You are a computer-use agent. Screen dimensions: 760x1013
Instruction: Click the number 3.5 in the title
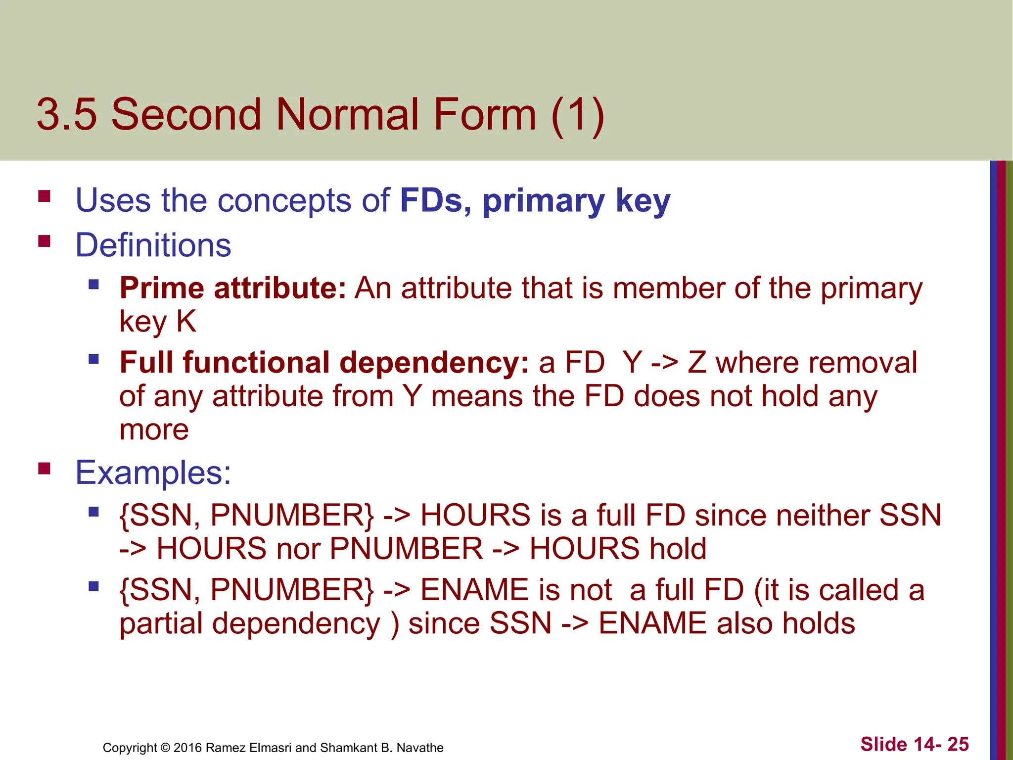tap(67, 115)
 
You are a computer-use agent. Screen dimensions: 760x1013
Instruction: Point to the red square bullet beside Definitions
tap(45, 241)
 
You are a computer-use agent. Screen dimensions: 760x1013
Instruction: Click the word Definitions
tap(153, 245)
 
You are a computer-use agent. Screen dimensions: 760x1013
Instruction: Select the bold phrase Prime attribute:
tap(232, 288)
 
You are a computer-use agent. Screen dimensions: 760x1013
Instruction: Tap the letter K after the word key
tap(186, 321)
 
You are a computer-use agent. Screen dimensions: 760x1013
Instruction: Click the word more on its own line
tap(154, 429)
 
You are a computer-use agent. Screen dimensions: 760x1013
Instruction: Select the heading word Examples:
tap(153, 473)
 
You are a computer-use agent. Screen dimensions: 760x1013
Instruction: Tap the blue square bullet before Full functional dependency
tap(93, 359)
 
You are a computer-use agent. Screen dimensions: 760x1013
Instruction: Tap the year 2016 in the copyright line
tap(187, 748)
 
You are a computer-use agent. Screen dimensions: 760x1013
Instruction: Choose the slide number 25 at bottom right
tap(958, 744)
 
